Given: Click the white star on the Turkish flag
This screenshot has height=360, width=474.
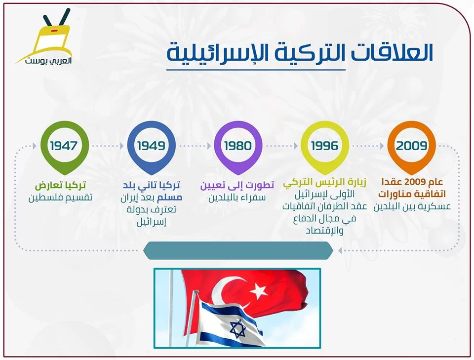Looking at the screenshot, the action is coord(259,290).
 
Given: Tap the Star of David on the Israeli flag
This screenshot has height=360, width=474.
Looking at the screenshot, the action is coord(237,329).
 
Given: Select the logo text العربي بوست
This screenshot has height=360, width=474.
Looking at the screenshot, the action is coord(48,60).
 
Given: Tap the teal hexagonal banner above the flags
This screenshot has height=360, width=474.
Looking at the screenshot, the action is coord(238,250).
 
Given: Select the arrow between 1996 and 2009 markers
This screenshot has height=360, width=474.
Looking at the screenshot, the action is coord(368,146).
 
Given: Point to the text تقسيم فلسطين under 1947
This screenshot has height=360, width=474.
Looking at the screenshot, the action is coord(60,198).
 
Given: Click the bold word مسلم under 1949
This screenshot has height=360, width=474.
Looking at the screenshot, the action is coord(169,198).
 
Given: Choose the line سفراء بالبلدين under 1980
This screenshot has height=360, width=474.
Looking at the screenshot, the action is coord(237,198).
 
